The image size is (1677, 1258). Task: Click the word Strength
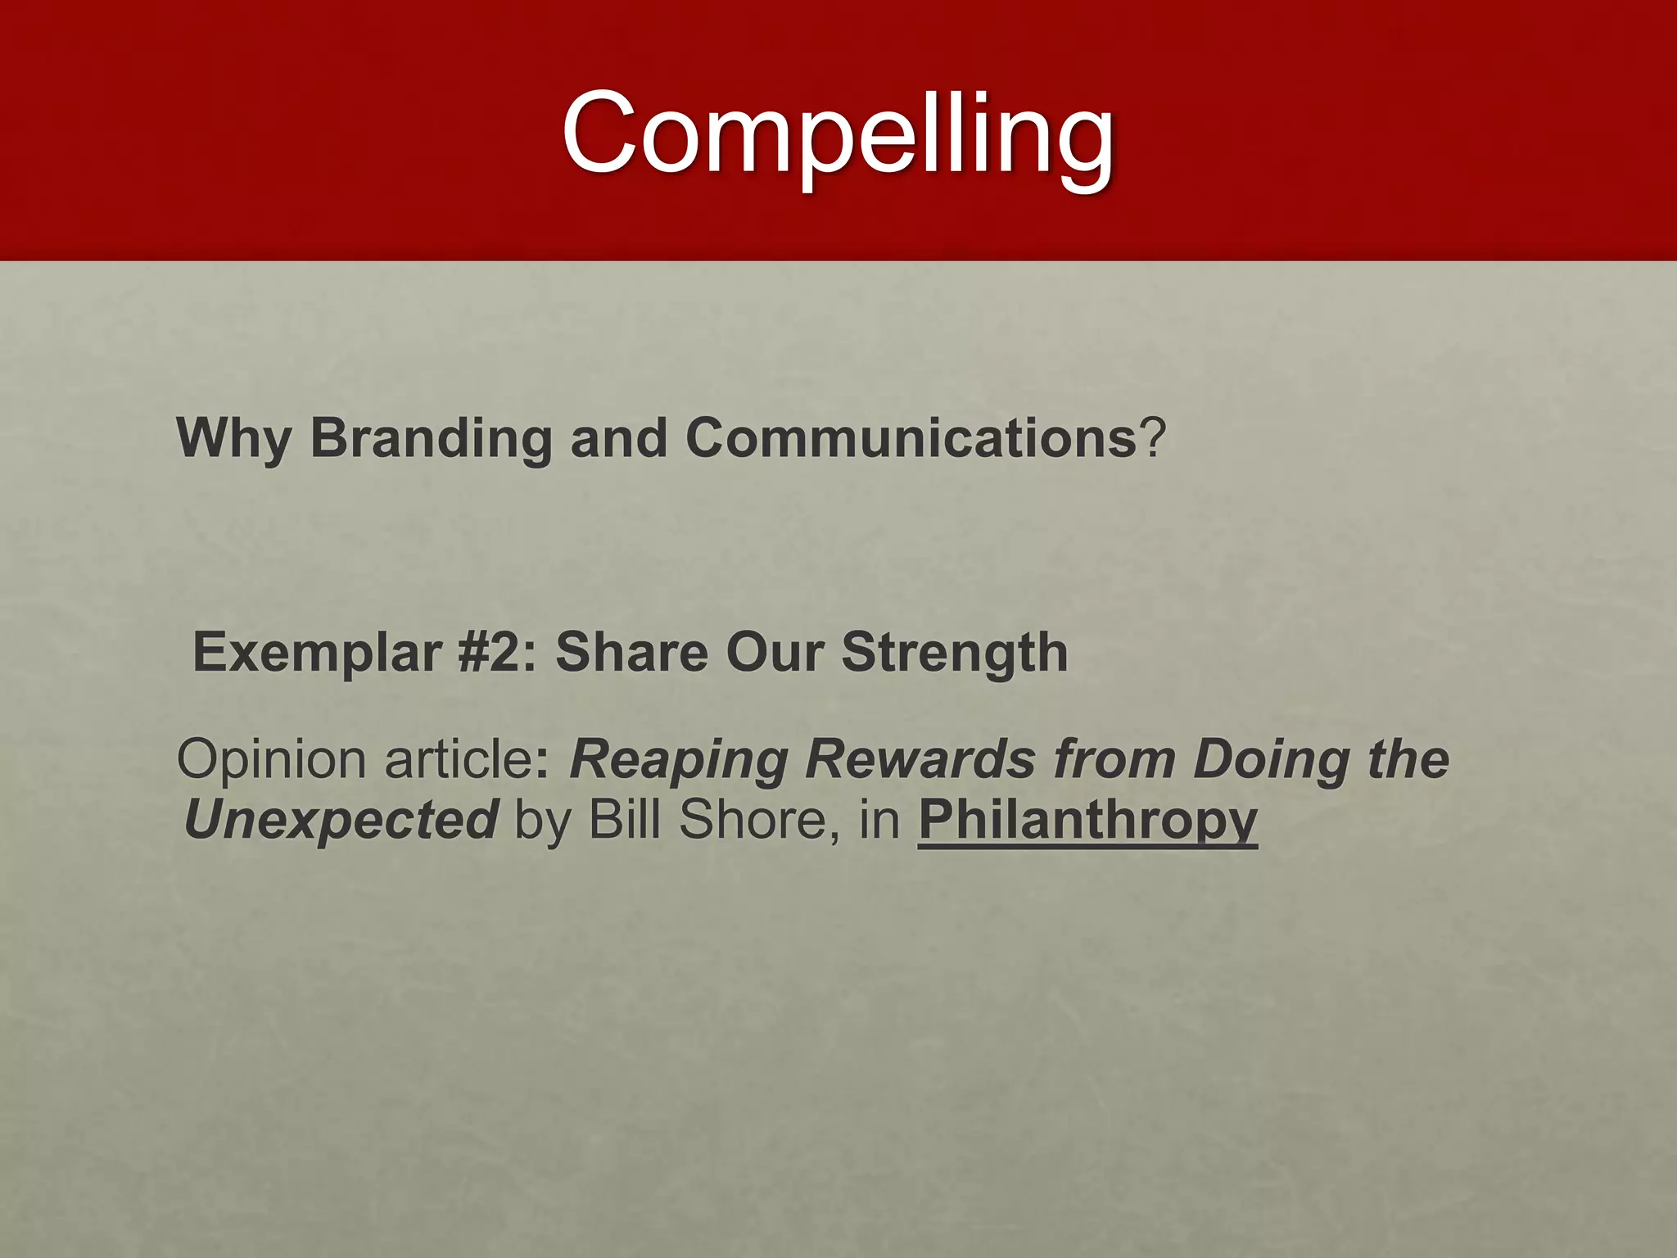[x=955, y=652]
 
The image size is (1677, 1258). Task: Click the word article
[x=459, y=758]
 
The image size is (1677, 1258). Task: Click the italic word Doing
[x=1269, y=760]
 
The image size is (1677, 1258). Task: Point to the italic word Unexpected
[x=341, y=820]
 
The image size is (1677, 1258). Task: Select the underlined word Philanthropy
[x=1087, y=820]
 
